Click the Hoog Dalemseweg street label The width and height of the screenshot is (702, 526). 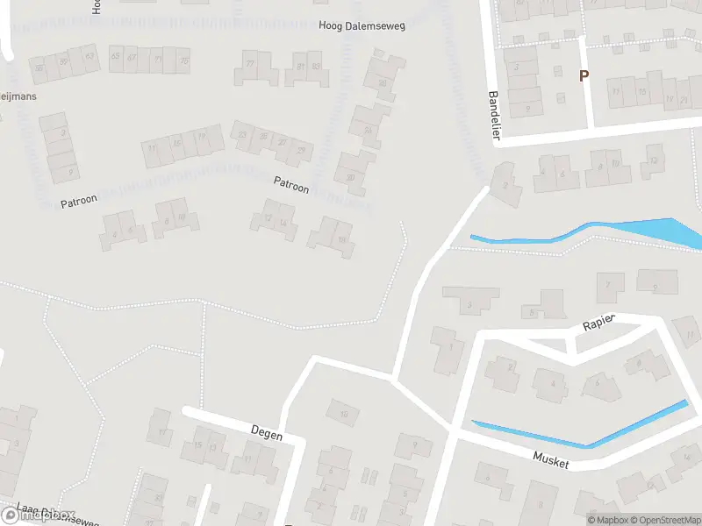362,27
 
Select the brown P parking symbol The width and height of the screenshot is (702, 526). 584,76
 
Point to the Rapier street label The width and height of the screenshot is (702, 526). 599,323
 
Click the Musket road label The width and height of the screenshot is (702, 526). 551,459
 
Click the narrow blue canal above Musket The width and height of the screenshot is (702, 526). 579,430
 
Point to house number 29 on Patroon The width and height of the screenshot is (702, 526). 301,151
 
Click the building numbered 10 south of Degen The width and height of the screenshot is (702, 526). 344,413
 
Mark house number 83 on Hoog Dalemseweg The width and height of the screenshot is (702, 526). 315,66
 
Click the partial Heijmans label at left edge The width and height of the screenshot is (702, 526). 18,96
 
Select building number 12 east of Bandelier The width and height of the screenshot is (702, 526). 652,160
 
